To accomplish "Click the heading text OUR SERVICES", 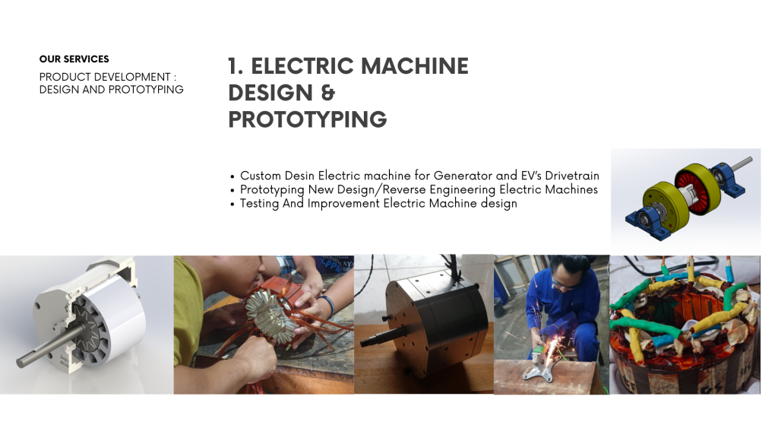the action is (74, 59).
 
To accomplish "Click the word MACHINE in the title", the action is (414, 66).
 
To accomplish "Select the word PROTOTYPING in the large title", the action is (308, 119).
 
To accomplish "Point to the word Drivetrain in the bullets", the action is (572, 176).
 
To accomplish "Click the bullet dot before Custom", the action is (232, 176).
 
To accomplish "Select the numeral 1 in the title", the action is (233, 67).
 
